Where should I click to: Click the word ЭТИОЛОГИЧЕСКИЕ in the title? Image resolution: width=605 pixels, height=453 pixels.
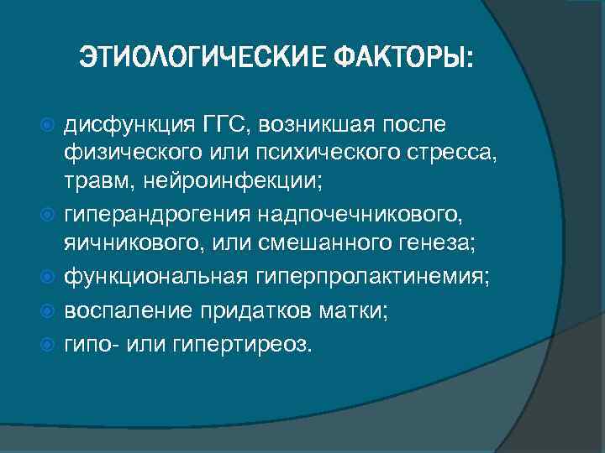coord(203,60)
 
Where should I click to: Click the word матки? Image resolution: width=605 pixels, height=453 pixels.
coord(353,311)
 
